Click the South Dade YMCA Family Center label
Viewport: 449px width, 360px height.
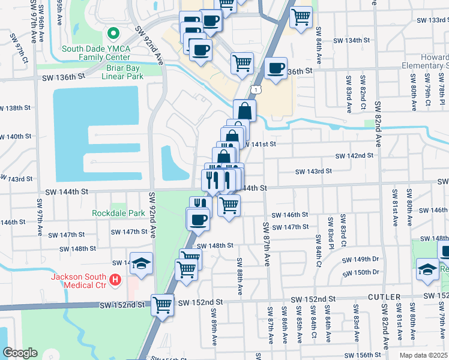[x=111, y=49]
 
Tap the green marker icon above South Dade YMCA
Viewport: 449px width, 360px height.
[x=111, y=33]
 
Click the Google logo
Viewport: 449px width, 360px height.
[x=20, y=353]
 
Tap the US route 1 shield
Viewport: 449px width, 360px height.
[x=257, y=89]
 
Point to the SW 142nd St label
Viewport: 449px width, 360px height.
[x=354, y=155]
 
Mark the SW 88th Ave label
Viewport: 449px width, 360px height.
[x=240, y=277]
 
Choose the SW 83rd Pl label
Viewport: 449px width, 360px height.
[x=330, y=231]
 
